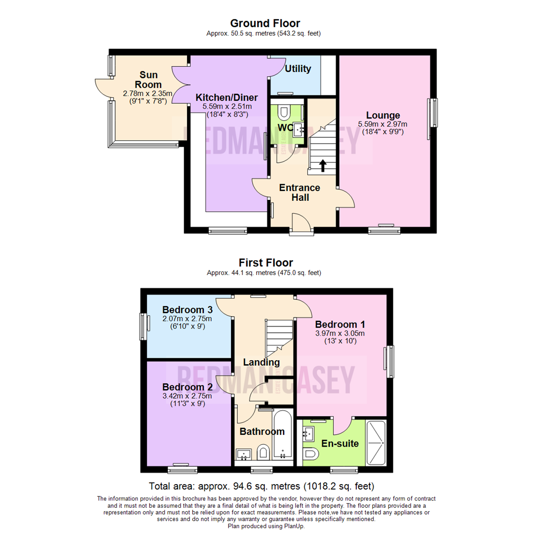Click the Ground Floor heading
click(x=265, y=23)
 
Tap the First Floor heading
click(x=266, y=263)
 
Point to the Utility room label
click(x=298, y=69)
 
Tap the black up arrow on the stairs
click(x=323, y=165)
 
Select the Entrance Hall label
click(x=300, y=192)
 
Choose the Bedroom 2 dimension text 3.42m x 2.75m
click(x=187, y=396)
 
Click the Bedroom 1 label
click(x=340, y=324)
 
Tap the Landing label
click(x=261, y=362)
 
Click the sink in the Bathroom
click(x=243, y=454)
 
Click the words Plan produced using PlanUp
click(x=266, y=526)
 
